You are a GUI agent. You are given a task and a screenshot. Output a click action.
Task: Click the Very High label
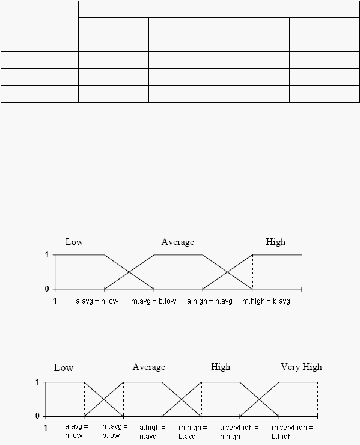pos(301,367)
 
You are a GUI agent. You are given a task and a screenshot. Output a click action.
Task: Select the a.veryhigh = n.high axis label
pos(239,432)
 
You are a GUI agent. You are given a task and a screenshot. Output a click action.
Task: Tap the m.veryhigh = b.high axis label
pos(292,432)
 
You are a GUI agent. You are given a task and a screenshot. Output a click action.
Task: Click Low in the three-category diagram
pos(74,242)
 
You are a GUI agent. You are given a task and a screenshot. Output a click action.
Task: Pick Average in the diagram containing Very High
pos(148,367)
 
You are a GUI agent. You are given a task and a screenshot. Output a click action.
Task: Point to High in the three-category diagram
pos(275,242)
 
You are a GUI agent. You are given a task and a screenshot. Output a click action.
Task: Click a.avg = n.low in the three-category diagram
pos(97,301)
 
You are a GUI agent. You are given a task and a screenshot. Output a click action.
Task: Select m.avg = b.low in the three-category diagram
pos(153,301)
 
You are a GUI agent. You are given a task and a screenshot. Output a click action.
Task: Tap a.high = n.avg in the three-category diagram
pos(210,301)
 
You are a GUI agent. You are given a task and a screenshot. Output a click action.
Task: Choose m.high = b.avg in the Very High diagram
pos(193,432)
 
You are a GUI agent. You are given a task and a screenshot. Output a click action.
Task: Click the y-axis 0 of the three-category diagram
pos(47,289)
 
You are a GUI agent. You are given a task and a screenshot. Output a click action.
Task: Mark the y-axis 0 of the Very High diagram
pos(37,416)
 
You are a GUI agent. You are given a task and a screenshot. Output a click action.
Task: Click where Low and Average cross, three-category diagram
pos(129,272)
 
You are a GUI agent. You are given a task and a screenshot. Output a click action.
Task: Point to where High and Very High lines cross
pos(259,399)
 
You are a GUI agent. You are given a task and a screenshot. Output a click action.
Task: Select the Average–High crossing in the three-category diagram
pos(228,272)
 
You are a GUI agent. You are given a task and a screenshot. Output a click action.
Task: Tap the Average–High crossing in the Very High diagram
pos(182,399)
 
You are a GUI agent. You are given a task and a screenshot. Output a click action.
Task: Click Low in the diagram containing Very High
pos(64,368)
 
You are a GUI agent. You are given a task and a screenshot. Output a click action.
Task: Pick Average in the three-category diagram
pos(177,242)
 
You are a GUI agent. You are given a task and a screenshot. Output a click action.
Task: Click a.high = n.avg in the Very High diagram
pos(152,432)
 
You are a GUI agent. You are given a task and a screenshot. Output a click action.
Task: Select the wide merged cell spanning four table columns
pos(219,10)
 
